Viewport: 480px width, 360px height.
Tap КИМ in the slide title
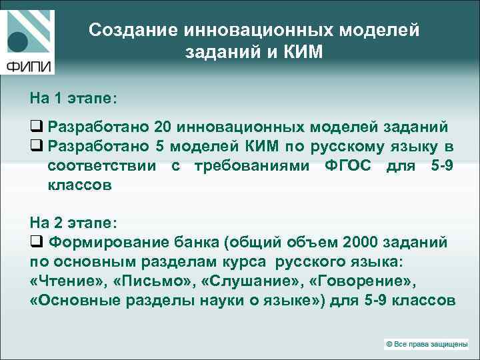301,52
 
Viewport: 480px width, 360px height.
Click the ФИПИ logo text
30,66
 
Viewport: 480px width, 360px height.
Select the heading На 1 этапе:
73,98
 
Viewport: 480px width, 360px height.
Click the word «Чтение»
69,281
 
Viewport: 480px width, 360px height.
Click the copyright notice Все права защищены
429,343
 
